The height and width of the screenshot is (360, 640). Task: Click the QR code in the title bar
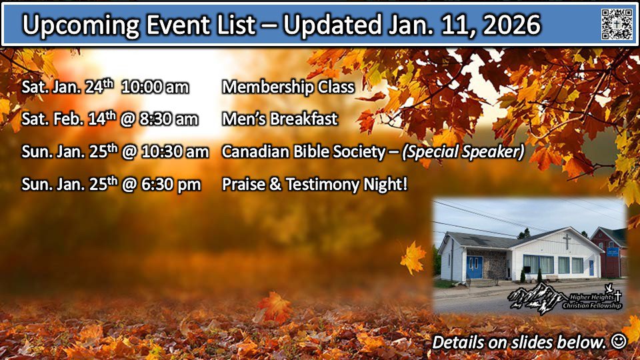click(x=617, y=24)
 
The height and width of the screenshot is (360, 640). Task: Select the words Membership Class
click(x=288, y=87)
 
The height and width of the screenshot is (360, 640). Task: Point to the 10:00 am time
click(x=155, y=87)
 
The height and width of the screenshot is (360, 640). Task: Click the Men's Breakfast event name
click(x=279, y=119)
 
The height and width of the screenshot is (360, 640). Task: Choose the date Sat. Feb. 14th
click(x=69, y=119)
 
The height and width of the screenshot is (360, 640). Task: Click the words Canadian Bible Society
click(x=303, y=152)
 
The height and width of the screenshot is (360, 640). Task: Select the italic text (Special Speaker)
click(x=463, y=152)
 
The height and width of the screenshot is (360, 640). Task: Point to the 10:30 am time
click(x=175, y=152)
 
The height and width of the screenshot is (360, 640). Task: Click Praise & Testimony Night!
click(x=315, y=184)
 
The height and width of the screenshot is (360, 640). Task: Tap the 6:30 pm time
click(x=171, y=185)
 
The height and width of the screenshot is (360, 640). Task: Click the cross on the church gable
click(x=567, y=241)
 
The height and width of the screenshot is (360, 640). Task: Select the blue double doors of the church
click(x=474, y=267)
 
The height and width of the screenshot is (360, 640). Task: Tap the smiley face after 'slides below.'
click(x=619, y=341)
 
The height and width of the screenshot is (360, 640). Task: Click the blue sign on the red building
click(x=612, y=252)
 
